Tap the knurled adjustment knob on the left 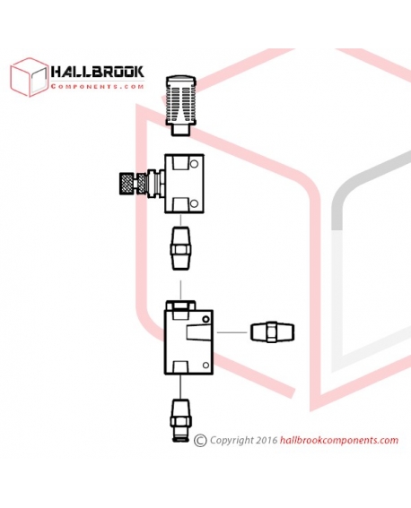click(x=127, y=184)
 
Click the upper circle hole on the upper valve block click(x=194, y=164)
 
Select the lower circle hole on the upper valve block click(x=194, y=203)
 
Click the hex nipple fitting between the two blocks click(x=180, y=248)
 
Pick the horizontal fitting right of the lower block click(x=273, y=332)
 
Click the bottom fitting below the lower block click(x=180, y=420)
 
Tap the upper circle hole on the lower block click(x=205, y=320)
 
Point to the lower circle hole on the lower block click(x=205, y=366)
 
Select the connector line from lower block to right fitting click(x=232, y=332)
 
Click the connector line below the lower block click(x=180, y=387)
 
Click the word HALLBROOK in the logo click(x=97, y=72)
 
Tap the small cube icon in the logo click(x=30, y=77)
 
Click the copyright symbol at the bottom click(x=200, y=441)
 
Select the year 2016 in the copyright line click(x=267, y=440)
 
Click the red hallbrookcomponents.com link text click(x=339, y=440)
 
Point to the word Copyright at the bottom click(x=232, y=440)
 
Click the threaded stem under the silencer click(x=180, y=130)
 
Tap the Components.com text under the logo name click(x=97, y=87)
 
